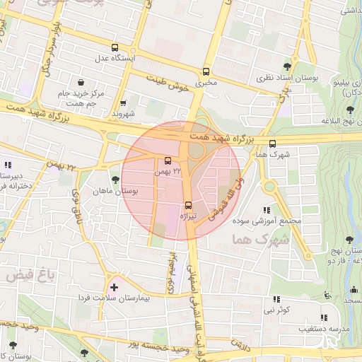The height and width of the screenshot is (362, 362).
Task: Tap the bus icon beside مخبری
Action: [206, 71]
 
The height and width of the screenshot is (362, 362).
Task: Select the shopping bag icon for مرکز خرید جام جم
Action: [83, 82]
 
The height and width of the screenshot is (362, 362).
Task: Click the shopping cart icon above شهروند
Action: [124, 103]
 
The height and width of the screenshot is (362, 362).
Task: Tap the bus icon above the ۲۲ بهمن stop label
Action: [168, 160]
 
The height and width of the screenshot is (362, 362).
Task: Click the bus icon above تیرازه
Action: [188, 205]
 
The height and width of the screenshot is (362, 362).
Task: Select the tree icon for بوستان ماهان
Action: [115, 180]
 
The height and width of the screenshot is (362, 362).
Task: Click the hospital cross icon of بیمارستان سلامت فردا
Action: [115, 287]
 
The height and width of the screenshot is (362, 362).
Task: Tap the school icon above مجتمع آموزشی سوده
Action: [267, 210]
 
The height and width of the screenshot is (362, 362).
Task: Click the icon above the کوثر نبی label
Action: [276, 299]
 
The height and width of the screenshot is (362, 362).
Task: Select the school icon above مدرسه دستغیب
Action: [324, 317]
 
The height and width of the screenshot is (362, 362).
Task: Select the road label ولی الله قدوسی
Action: [226, 198]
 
